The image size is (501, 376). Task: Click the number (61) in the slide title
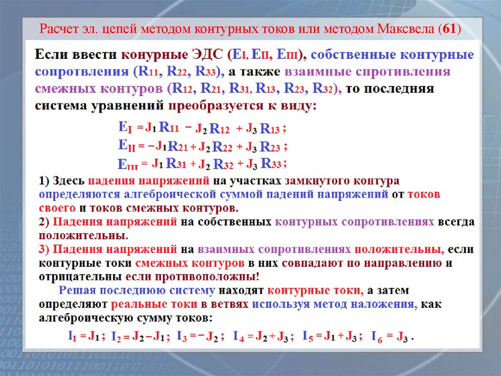pyautogui.click(x=450, y=29)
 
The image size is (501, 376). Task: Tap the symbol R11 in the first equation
pyautogui.click(x=170, y=128)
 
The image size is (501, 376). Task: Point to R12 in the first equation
pyautogui.click(x=219, y=129)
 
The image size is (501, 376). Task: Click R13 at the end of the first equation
pyautogui.click(x=270, y=129)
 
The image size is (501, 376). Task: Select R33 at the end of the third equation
pyautogui.click(x=271, y=163)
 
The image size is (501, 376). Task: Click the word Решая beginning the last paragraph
pyautogui.click(x=77, y=291)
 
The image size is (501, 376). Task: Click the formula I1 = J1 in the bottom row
pyautogui.click(x=85, y=337)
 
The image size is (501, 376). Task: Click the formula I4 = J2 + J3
pyautogui.click(x=264, y=337)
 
